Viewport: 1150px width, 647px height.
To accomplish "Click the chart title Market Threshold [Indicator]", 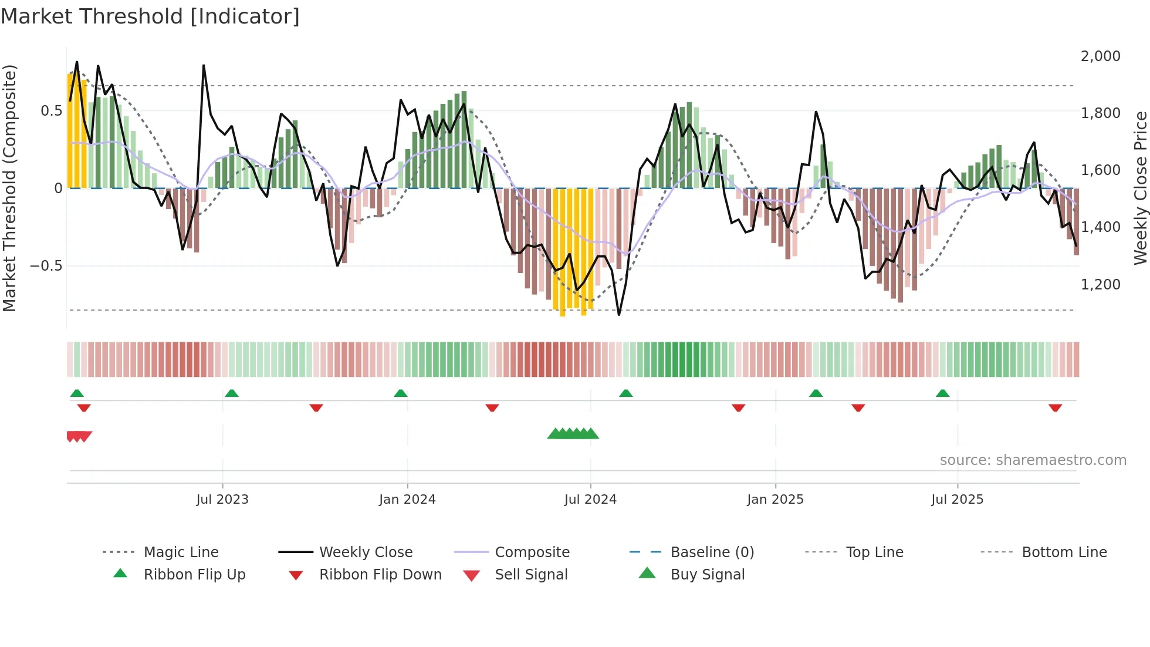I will (150, 16).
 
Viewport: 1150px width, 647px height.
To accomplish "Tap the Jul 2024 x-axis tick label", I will (590, 500).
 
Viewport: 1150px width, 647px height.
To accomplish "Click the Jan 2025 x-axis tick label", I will (775, 500).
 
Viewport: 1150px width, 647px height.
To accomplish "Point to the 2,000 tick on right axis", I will (1100, 56).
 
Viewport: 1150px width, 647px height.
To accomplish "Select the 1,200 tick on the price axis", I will (1100, 285).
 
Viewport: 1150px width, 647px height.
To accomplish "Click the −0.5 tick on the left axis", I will (46, 266).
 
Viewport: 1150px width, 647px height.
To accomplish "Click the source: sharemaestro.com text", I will (1033, 460).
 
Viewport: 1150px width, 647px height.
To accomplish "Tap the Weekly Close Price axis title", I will (1140, 188).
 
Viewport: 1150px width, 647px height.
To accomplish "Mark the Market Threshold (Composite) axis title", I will (9, 188).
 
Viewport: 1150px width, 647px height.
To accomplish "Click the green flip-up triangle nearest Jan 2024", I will (401, 393).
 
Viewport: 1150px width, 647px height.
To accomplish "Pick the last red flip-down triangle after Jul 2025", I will (1055, 407).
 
